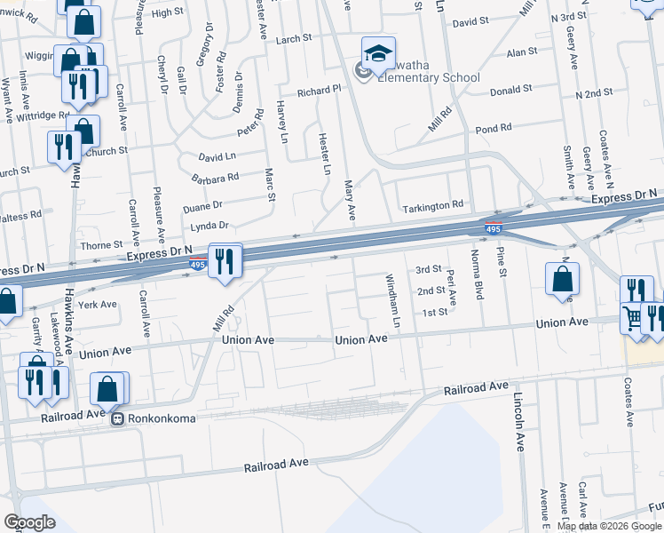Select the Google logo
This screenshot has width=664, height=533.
pos(29,522)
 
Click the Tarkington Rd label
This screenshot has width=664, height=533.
pos(433,204)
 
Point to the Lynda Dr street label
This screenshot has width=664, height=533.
pos(209,226)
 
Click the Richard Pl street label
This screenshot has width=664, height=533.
pos(319,91)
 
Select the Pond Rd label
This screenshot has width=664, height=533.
pos(493,129)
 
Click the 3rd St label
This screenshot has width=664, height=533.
pos(429,269)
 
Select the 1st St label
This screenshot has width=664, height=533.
pos(434,312)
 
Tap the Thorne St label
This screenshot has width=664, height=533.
pos(101,244)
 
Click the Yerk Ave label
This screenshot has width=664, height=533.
pos(98,304)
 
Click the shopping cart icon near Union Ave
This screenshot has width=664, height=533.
pos(632,317)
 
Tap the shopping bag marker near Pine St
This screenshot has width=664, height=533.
pos(563,279)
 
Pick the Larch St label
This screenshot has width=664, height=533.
pos(294,39)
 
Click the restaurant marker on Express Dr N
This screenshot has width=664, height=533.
pos(224,261)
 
